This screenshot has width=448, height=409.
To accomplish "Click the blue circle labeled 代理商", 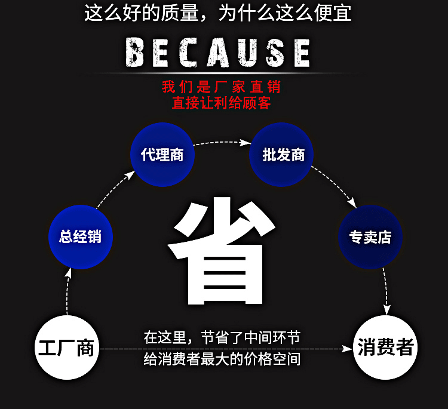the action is (x=162, y=155).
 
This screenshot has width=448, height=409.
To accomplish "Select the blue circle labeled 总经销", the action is (x=80, y=236).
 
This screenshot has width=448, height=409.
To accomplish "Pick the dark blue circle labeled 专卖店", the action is (x=370, y=236).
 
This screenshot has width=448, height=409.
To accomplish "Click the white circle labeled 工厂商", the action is (x=66, y=348).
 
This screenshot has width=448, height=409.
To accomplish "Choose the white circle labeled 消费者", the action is (x=385, y=348).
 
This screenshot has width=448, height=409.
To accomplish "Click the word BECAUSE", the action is (x=218, y=53).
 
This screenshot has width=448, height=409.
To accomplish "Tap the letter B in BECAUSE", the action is (x=136, y=53).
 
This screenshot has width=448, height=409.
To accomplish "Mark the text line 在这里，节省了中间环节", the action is (x=222, y=338).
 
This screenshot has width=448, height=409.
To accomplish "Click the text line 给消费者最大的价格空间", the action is (x=222, y=359).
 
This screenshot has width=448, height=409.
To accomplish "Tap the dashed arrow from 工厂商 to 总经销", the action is (x=68, y=293).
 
